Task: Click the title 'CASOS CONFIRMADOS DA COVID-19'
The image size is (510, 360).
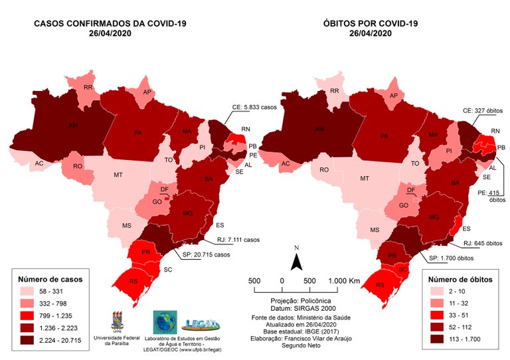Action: [110, 24]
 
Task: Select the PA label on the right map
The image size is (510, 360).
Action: [384, 135]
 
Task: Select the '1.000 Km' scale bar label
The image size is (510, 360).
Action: [343, 281]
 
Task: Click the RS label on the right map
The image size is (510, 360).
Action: [380, 286]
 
